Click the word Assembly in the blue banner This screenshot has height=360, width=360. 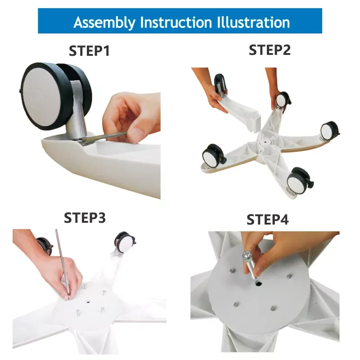pos(104,23)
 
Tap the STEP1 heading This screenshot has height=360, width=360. pos(89,51)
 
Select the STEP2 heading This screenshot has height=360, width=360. pos(270,50)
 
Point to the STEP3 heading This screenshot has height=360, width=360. pos(85,218)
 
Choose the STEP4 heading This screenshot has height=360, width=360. pos(267,220)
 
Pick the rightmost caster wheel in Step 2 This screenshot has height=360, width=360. pos(329,130)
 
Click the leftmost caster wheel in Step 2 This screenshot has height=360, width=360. pos(212,155)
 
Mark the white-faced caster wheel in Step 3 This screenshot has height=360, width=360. pos(125,243)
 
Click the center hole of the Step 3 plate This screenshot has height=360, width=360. pos(88,301)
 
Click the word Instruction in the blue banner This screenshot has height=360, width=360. pos(176,22)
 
